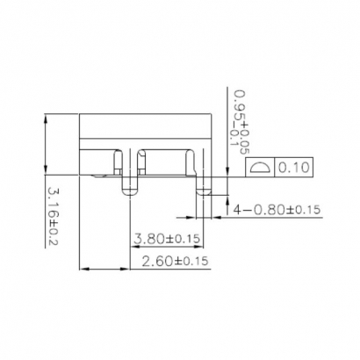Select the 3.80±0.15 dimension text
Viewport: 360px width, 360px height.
(167, 238)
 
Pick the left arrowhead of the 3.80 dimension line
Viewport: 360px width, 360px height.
(132, 246)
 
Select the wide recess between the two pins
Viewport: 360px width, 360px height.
(165, 162)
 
